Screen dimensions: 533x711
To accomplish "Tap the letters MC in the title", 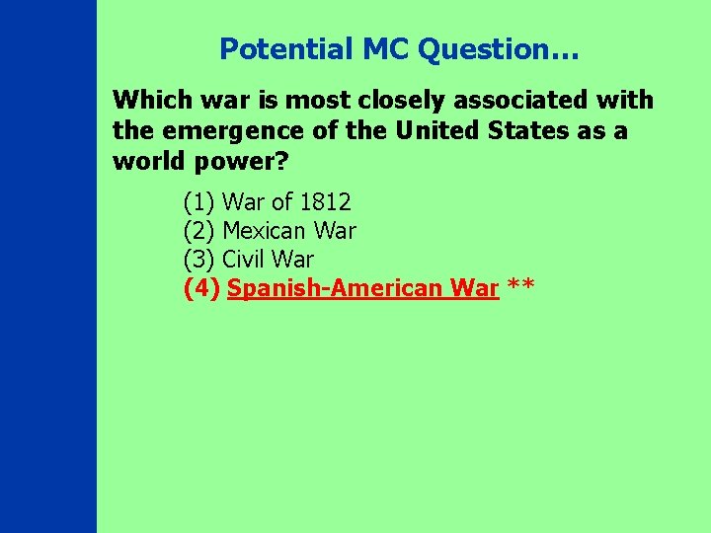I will (377, 48).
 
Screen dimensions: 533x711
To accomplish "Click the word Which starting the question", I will (148, 100).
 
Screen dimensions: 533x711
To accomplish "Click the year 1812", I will (325, 202).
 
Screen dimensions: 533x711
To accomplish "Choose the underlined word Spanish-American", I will (336, 288).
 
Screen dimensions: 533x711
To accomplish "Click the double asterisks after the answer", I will (521, 286).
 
